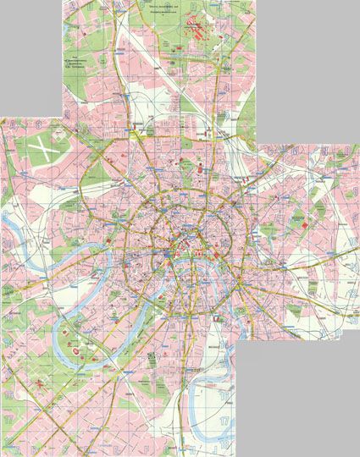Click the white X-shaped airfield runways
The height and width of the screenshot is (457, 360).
click(x=40, y=153)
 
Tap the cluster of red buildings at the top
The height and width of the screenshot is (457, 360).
click(x=198, y=27)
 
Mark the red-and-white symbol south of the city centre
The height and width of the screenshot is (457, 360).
click(x=216, y=317)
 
